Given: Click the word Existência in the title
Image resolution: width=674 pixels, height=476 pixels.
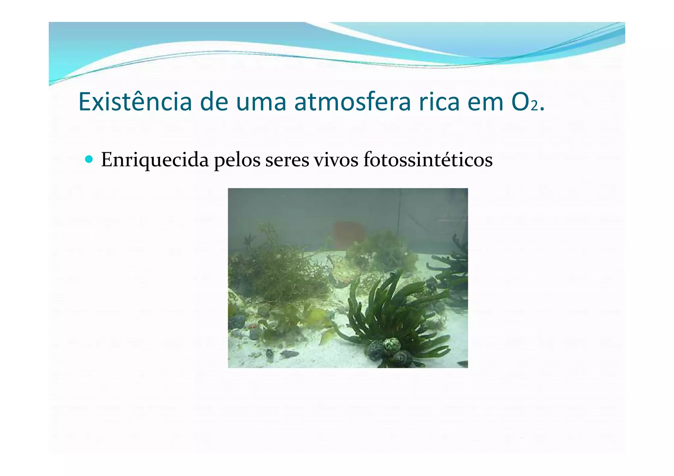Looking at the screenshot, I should (135, 102).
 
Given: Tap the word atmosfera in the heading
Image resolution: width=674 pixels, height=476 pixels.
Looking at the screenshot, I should (352, 102).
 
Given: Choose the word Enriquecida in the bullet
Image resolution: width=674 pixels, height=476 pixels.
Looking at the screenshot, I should (155, 160).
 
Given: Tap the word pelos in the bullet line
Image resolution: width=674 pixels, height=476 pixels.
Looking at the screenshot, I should (237, 160).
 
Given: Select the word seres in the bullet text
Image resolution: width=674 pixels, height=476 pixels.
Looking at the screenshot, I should (287, 160).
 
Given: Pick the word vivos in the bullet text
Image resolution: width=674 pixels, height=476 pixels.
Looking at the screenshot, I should (336, 160).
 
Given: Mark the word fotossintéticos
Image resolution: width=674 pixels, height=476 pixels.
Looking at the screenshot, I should (428, 160).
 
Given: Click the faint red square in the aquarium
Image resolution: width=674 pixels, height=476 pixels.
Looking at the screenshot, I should (348, 234).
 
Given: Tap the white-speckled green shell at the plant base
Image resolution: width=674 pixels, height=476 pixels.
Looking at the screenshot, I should (392, 345).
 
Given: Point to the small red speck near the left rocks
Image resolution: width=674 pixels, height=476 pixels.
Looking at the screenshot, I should (253, 326).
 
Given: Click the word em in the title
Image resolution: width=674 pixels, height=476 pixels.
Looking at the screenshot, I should (486, 103).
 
